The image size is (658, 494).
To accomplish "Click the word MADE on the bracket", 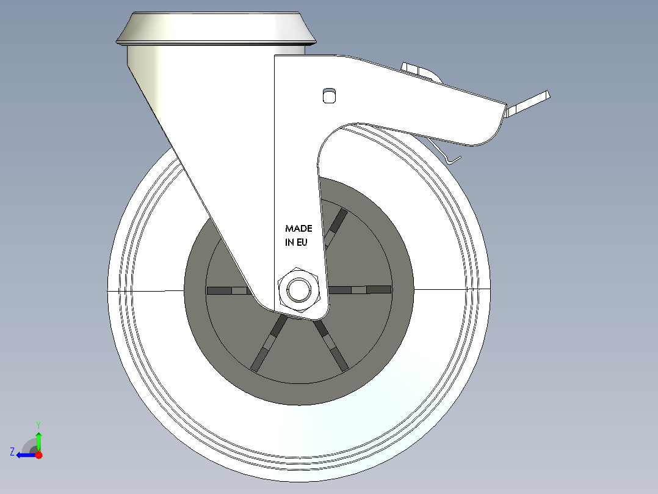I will [298, 228].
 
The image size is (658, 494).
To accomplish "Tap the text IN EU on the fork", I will [295, 242].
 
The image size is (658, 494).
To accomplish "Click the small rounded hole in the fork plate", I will [329, 95].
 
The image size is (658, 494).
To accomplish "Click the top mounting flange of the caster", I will [216, 29].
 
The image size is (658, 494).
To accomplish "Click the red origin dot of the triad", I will [38, 455].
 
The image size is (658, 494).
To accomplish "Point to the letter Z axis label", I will [12, 452].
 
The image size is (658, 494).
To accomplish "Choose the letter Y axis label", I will [38, 424].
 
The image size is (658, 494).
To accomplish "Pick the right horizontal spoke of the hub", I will [360, 289].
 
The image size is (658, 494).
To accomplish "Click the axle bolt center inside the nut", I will [299, 290].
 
